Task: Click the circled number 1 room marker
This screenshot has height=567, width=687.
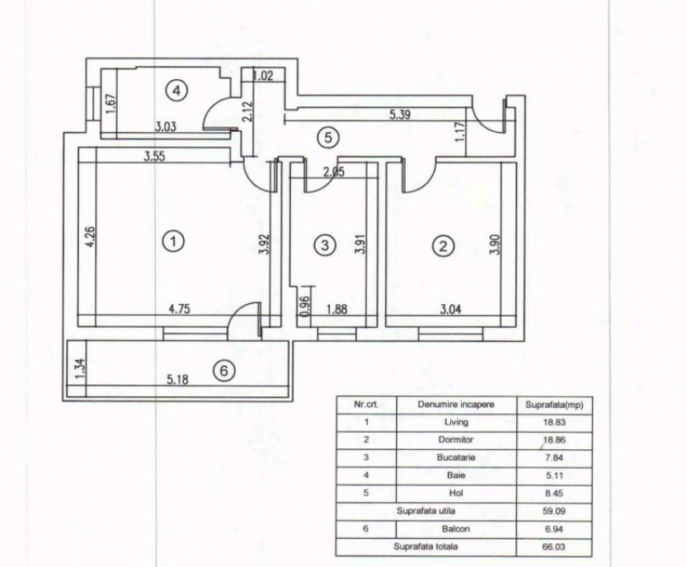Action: point(173,241)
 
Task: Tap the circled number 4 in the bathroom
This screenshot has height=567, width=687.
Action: point(176,91)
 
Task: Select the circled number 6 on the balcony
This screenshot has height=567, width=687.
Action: point(224,372)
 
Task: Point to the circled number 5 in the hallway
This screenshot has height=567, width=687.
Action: point(327,138)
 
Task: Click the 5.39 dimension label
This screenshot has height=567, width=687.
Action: point(400,115)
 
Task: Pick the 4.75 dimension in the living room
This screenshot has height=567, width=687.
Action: point(180,309)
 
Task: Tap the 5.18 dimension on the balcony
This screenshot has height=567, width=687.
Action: point(177,379)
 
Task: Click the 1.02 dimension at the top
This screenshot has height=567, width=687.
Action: point(263,75)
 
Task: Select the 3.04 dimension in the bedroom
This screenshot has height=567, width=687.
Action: point(450,309)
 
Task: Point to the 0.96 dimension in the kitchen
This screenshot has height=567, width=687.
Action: point(305,306)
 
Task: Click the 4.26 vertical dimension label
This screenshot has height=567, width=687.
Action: point(91,237)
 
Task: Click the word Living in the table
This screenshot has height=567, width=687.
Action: point(456,422)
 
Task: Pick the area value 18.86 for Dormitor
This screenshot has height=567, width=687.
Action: point(554,439)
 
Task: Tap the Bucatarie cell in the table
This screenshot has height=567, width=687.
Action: point(456,457)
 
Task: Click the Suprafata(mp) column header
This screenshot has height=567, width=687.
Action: point(554,405)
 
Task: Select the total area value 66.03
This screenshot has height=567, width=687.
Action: point(554,547)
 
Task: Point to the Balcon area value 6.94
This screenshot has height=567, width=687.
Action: point(554,529)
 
